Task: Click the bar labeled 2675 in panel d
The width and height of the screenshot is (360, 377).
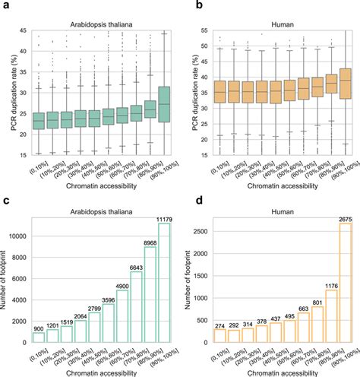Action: coord(344,284)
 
